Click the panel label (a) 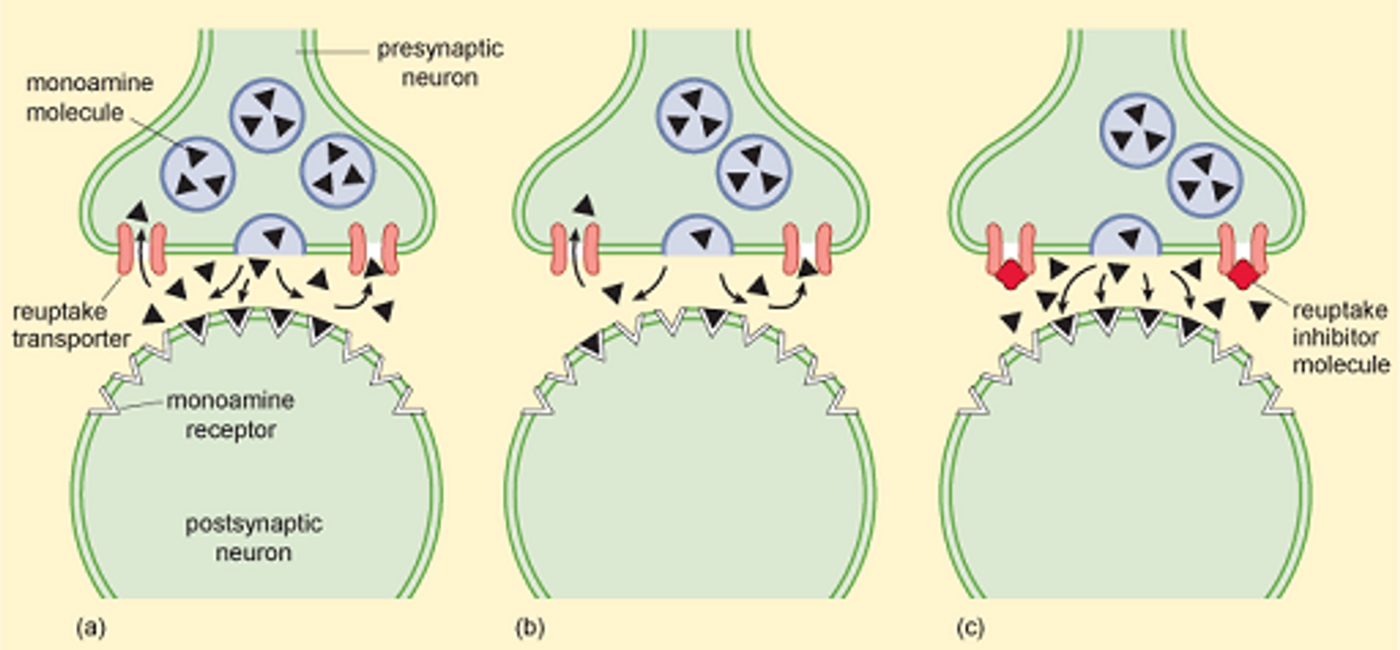(91, 627)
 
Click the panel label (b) (530, 627)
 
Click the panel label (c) (970, 627)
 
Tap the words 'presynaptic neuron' (440, 63)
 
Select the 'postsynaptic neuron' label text (253, 538)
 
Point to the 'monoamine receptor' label (231, 415)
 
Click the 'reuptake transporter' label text (71, 325)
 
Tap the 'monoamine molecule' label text (89, 97)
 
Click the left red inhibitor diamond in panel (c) (1011, 275)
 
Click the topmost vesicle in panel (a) (267, 116)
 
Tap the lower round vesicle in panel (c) (1205, 180)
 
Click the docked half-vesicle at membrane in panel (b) (698, 237)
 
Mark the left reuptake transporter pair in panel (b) (575, 250)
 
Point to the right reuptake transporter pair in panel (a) (374, 250)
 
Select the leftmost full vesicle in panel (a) (198, 174)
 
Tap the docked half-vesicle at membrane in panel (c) (1125, 237)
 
